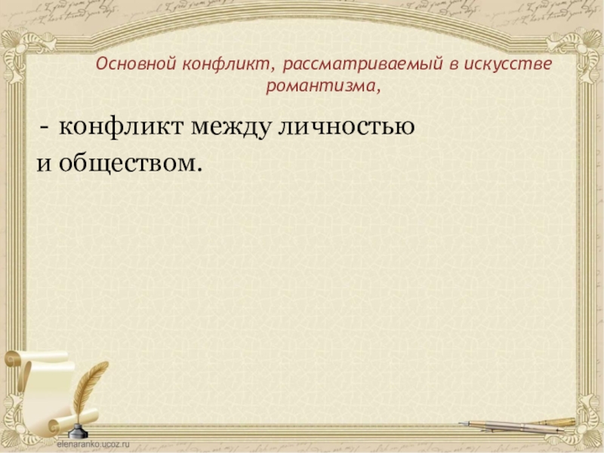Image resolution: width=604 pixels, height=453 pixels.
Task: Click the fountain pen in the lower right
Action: (521, 424)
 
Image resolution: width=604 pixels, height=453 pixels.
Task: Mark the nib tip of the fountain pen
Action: (462, 423)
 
